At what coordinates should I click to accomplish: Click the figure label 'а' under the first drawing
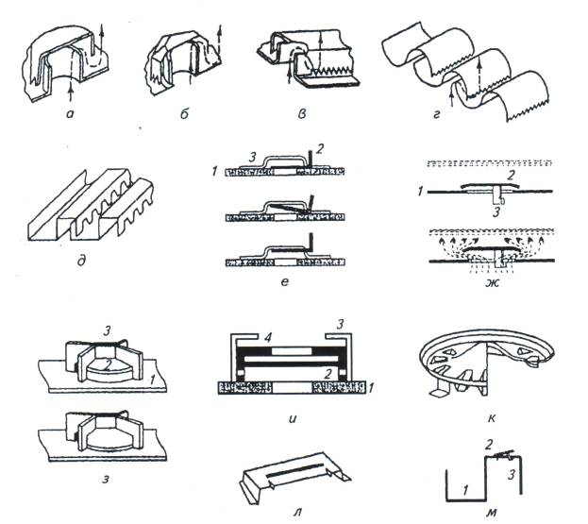tap(70, 114)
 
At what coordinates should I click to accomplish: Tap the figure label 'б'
tap(184, 113)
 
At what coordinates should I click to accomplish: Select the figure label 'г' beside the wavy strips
tap(436, 114)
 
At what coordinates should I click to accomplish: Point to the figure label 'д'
tap(81, 260)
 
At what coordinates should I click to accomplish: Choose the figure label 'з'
tap(106, 479)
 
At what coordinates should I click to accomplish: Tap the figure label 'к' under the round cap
tap(491, 417)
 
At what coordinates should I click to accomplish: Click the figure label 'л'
tap(297, 511)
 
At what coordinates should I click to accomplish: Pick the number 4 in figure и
tap(267, 338)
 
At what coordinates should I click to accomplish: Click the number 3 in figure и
tap(340, 324)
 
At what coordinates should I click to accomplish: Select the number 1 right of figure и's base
tap(371, 388)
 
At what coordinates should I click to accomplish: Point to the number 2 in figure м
tap(488, 445)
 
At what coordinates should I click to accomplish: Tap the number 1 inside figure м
tap(465, 489)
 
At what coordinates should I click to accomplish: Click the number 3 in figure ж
tap(496, 212)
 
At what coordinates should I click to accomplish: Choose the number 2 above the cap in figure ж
tap(511, 176)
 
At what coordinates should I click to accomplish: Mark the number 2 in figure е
tap(319, 149)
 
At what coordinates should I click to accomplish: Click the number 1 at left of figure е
tap(214, 172)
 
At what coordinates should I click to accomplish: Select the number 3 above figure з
tap(107, 330)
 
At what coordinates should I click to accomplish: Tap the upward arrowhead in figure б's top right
tap(220, 29)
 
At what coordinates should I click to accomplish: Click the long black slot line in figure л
tap(294, 469)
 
